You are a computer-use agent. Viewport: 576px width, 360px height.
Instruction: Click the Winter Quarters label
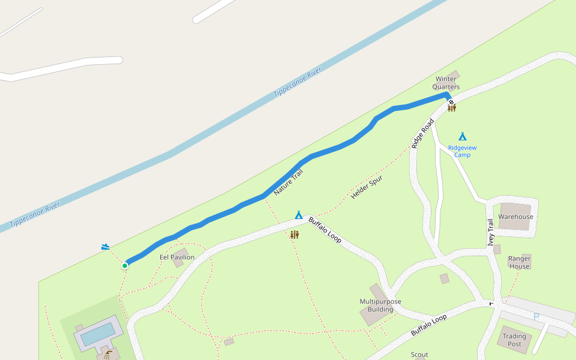coord(446,83)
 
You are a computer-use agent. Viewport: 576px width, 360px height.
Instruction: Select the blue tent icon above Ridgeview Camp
coord(462,136)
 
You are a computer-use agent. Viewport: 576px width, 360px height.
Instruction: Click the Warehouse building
coord(515,217)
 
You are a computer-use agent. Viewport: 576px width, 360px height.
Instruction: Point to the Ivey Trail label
coord(490,233)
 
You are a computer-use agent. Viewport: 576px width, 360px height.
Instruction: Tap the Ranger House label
coord(519,262)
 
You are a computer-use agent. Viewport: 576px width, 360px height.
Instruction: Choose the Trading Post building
coord(514,340)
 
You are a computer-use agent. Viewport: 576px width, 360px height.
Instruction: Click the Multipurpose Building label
coord(380,305)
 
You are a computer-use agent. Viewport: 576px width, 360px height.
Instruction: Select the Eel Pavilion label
coord(177,257)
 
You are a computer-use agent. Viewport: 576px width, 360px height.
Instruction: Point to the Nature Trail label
coord(289,182)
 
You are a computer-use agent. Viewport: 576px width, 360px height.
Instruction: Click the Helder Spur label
coord(367,187)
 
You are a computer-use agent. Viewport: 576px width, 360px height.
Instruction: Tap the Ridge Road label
coord(422,134)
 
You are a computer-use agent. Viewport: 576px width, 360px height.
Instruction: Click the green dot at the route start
coord(125,265)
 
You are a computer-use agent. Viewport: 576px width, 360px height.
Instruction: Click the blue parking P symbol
coord(536,316)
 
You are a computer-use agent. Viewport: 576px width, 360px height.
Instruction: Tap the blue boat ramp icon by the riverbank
coord(106,247)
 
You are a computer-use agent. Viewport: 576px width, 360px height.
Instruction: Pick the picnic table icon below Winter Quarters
coord(452,107)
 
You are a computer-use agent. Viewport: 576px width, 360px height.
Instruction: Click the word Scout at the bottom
coord(419,355)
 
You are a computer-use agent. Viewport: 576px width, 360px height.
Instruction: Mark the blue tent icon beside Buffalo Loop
coord(299,215)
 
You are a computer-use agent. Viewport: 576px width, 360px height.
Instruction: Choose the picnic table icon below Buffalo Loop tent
coord(295,235)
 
